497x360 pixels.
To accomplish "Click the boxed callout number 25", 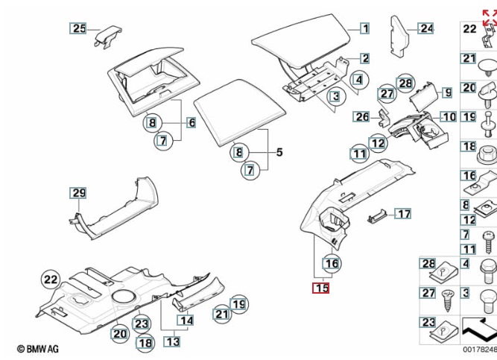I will point(79,29).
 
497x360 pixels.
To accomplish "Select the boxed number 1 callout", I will point(364,29).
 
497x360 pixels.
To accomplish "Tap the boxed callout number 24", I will point(425,29).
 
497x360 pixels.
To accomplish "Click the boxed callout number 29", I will point(79,193).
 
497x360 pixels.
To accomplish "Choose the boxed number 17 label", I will point(403,214).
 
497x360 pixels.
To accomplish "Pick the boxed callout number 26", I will point(361,117).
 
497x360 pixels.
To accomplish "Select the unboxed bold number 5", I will point(279,153).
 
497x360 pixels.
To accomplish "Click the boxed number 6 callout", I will point(191,122).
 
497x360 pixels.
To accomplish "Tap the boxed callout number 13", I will point(172,341).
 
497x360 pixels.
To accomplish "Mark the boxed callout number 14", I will point(185,320).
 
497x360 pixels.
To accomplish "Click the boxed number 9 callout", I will point(447,92).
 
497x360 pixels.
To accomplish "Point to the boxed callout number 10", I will point(448,117).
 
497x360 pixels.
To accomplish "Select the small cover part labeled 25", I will point(109,34).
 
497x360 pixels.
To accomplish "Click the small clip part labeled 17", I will point(378,216).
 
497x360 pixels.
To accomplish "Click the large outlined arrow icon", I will point(477,328).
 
